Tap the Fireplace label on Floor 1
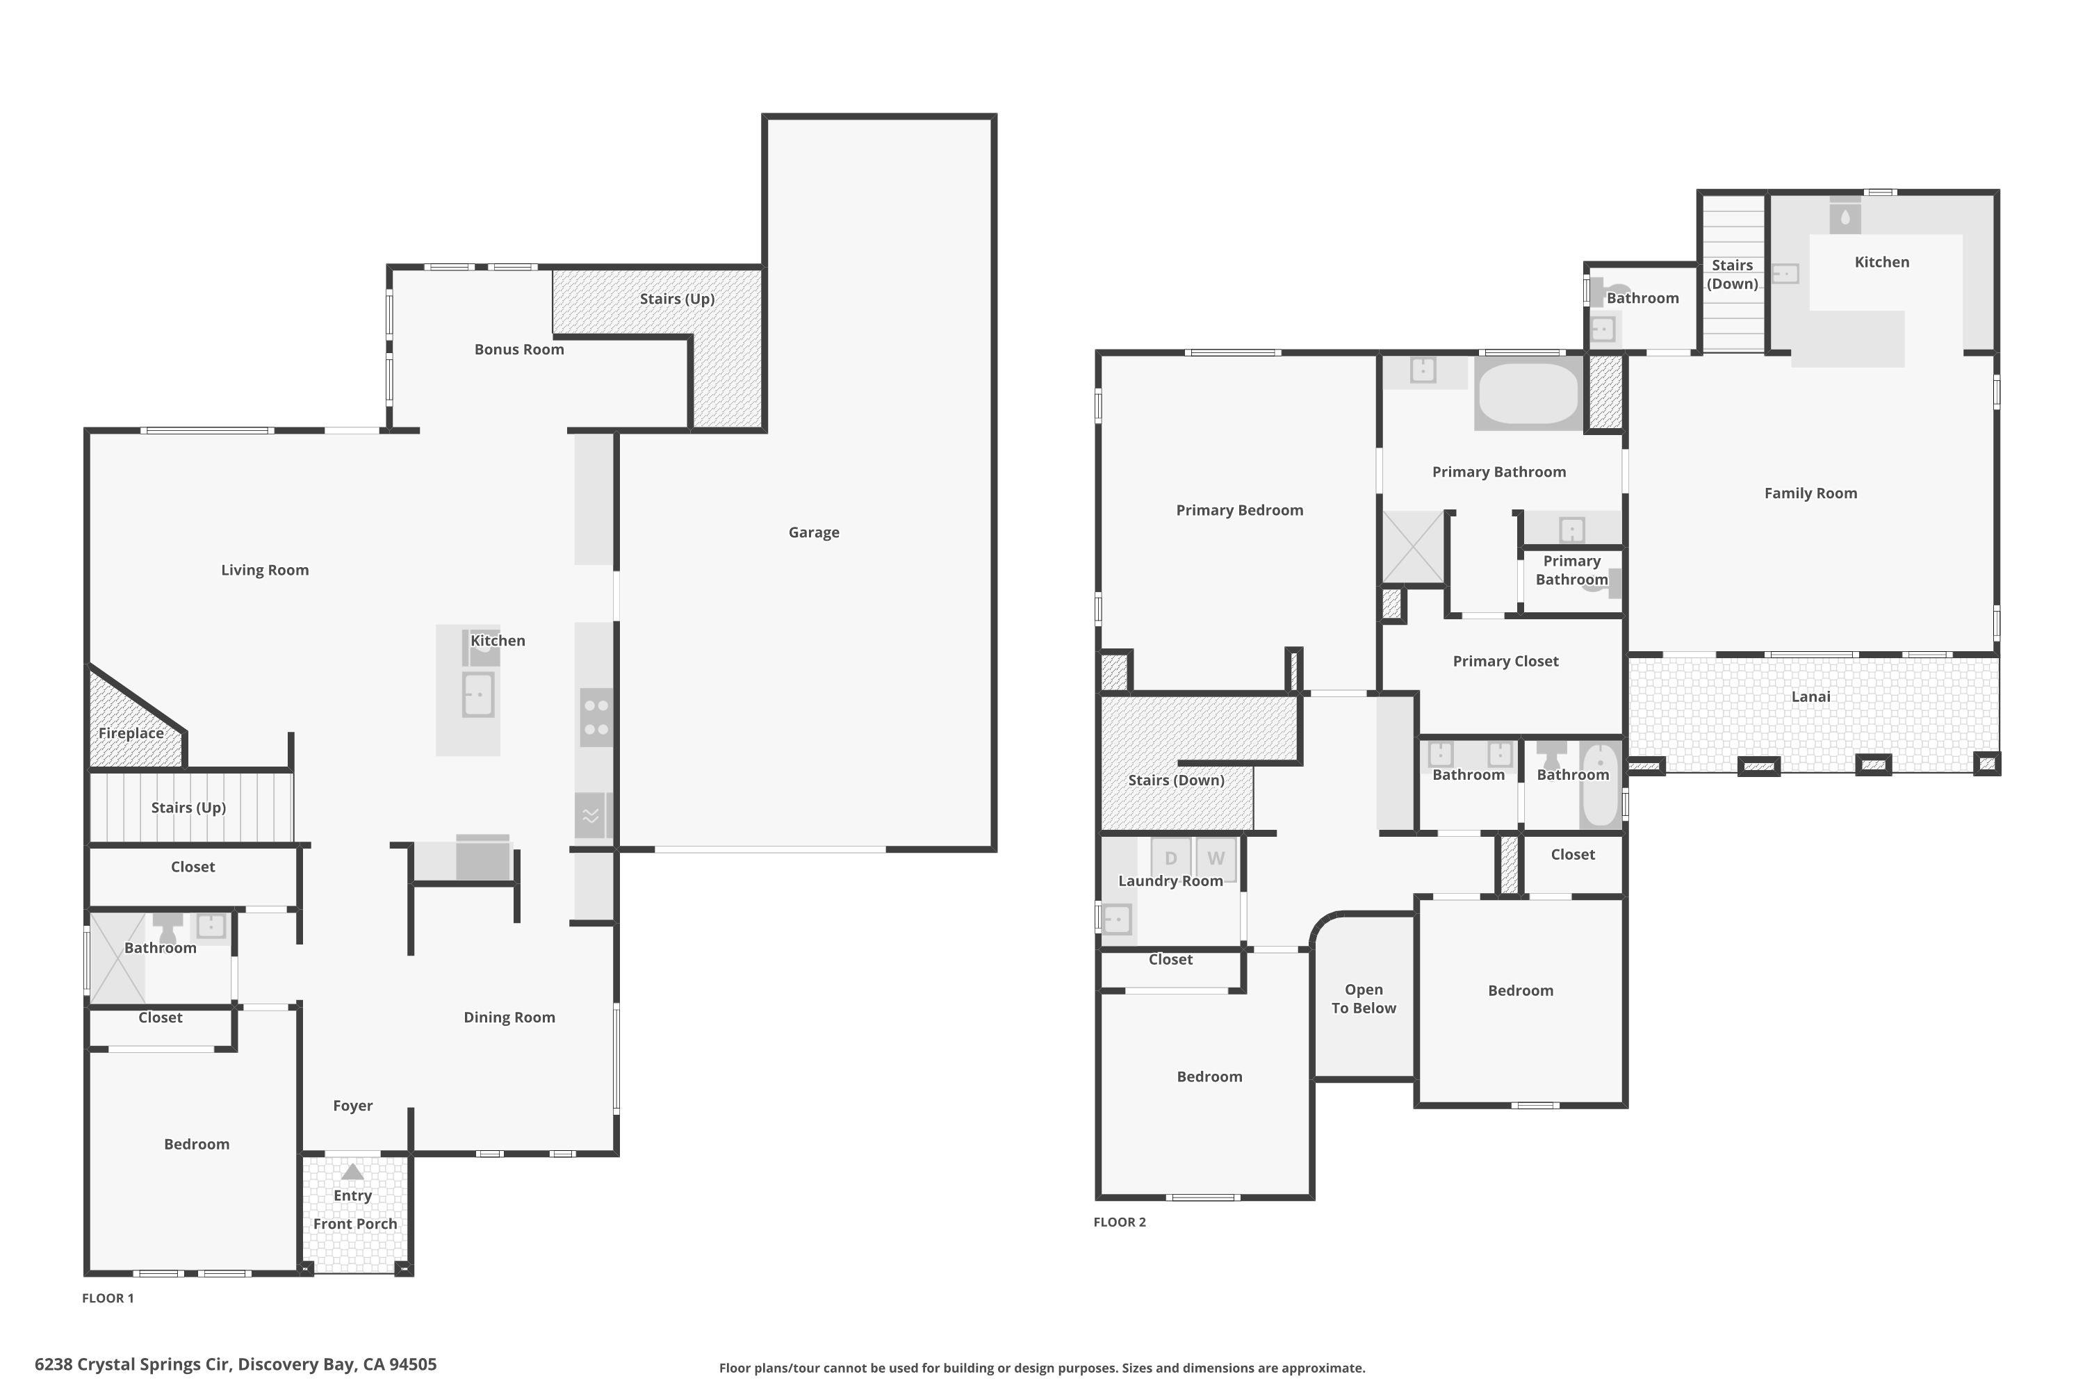tap(131, 733)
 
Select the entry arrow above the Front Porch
tap(353, 1172)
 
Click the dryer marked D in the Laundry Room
tap(1170, 858)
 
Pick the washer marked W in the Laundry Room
tap(1216, 858)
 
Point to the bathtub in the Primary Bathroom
tap(1528, 393)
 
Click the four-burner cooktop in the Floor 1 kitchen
tap(596, 717)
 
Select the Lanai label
tap(1810, 697)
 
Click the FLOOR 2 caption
tap(1120, 1223)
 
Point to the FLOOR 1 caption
tap(108, 1299)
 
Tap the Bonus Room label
tap(518, 350)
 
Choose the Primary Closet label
tap(1505, 662)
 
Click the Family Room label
tap(1810, 493)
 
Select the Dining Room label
tap(509, 1017)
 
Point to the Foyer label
tap(353, 1106)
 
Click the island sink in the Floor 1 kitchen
tap(478, 694)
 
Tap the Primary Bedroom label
tap(1239, 511)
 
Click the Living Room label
tap(265, 570)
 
